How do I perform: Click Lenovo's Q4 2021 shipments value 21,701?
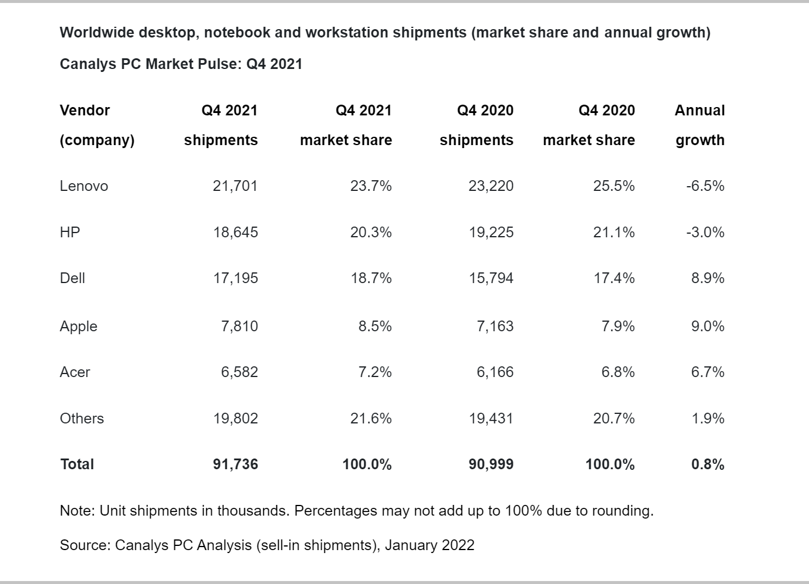tap(235, 186)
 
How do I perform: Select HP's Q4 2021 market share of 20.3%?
tap(371, 233)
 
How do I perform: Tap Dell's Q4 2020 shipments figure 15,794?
tap(491, 278)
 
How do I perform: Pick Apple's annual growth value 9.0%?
tap(707, 326)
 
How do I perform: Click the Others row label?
tap(82, 419)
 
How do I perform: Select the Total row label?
tap(77, 464)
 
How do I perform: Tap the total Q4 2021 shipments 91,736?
tap(235, 464)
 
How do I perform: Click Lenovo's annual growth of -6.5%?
tap(705, 186)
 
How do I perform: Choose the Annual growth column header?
tap(700, 125)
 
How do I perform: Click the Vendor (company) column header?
tap(97, 125)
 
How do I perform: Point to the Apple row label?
tap(78, 326)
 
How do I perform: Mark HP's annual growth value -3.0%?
tap(705, 233)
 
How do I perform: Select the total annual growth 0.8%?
tap(707, 464)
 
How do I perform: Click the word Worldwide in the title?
tap(97, 33)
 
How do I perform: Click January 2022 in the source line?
tap(429, 545)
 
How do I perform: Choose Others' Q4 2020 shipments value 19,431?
tap(491, 419)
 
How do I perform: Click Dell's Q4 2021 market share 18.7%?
tap(371, 278)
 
